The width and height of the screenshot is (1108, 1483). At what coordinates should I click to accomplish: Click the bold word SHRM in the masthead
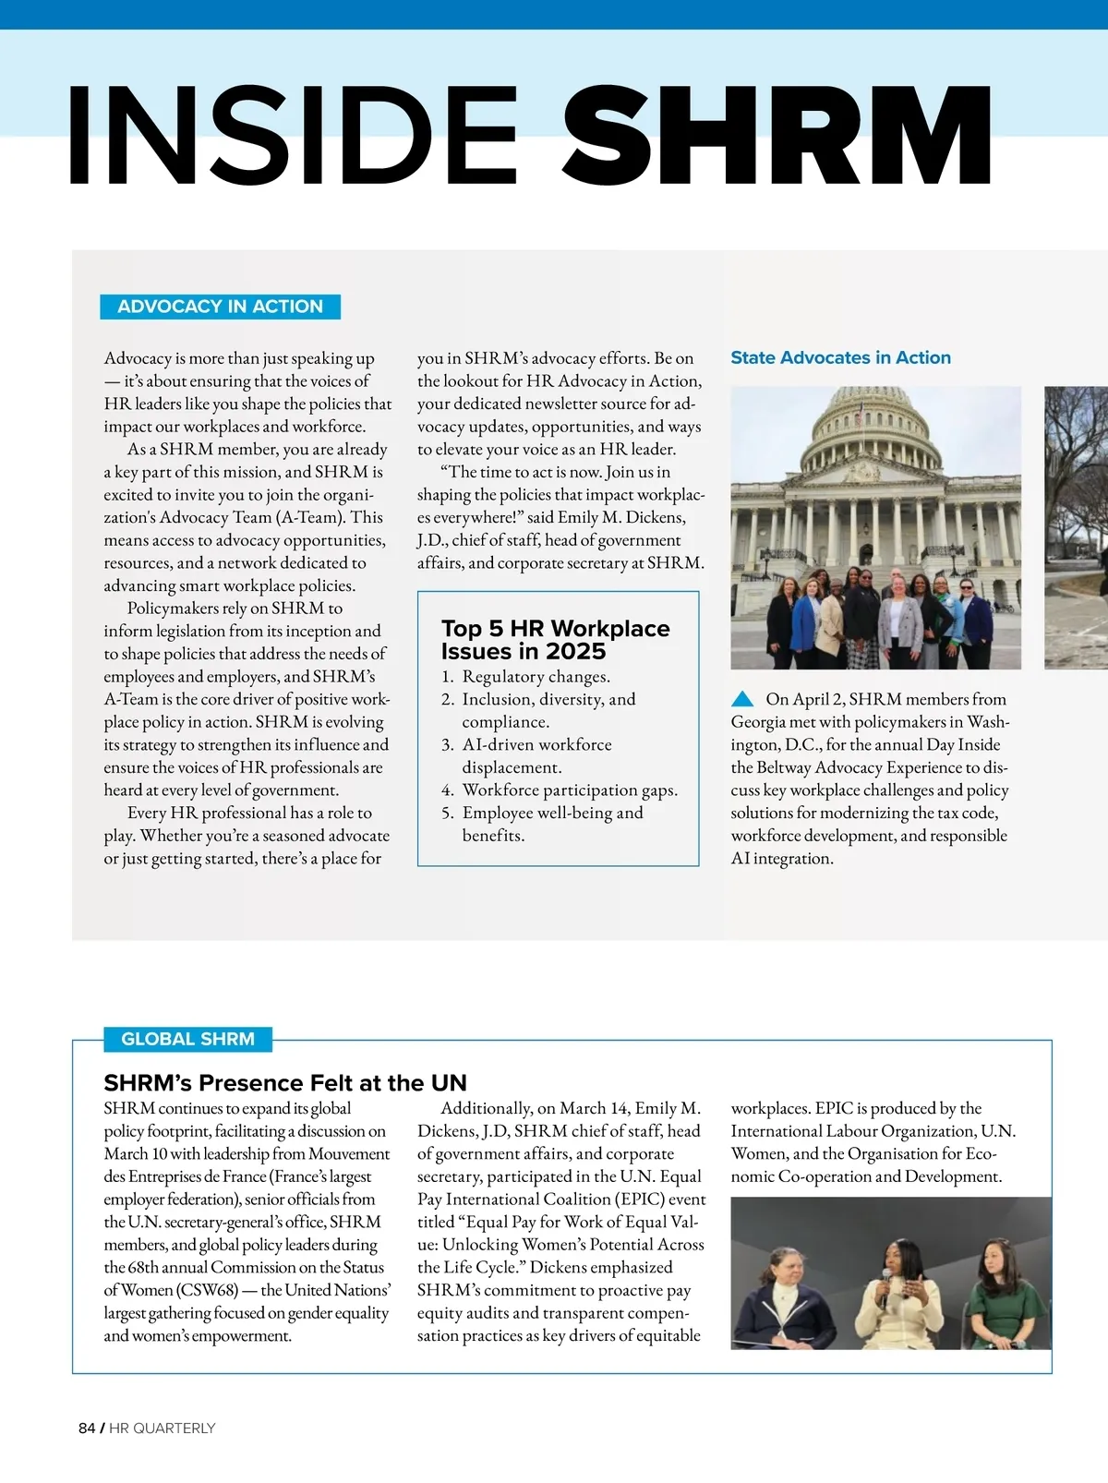tap(777, 136)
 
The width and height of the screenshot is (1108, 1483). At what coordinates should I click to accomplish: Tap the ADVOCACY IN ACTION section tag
tap(220, 307)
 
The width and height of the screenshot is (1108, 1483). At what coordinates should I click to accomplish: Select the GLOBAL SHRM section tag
tap(187, 1039)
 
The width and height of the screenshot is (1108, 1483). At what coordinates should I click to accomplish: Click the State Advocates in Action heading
tap(840, 357)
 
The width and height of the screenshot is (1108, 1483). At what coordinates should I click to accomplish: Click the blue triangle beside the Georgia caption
tap(742, 699)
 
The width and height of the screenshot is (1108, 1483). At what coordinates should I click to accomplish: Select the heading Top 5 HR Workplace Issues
tap(555, 639)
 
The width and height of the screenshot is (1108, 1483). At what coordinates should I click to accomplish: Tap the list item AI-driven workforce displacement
tap(536, 755)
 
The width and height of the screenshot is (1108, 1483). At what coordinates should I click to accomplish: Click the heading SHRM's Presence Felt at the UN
tap(285, 1082)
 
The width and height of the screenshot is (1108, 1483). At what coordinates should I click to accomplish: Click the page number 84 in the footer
tap(87, 1429)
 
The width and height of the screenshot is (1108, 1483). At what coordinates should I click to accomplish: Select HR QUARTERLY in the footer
tap(163, 1429)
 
